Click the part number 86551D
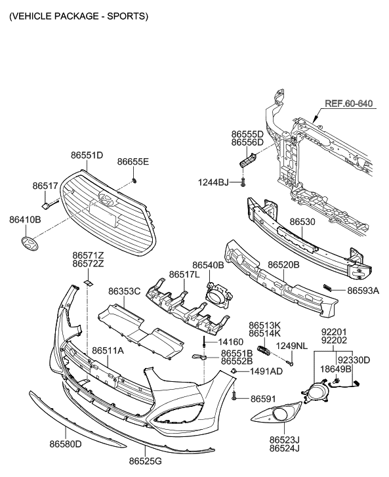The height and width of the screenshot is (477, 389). click(87, 156)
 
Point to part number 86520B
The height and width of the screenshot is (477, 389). click(283, 265)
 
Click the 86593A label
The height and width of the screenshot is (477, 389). click(363, 289)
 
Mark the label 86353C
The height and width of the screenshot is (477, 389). click(125, 291)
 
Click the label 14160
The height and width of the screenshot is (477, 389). click(231, 342)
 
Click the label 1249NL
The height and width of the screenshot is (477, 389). click(291, 345)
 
